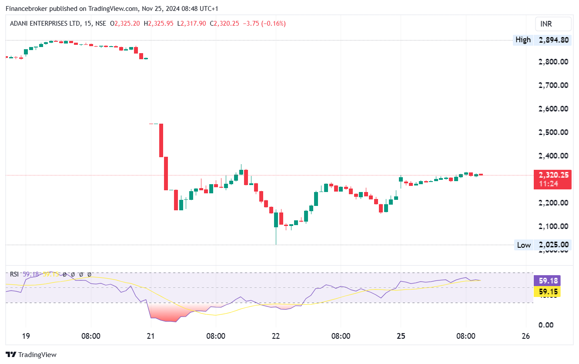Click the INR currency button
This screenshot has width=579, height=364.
click(x=553, y=24)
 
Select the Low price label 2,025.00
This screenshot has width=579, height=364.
click(x=553, y=245)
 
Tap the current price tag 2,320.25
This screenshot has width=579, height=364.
click(x=552, y=175)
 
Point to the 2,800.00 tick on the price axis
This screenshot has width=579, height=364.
click(x=553, y=62)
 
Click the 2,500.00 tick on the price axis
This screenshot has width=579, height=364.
click(x=553, y=132)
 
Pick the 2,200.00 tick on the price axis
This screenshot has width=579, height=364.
click(x=553, y=203)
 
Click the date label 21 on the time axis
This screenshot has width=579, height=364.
click(x=151, y=336)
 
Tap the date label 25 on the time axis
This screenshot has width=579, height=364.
click(x=401, y=336)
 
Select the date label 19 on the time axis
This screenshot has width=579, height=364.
click(x=26, y=336)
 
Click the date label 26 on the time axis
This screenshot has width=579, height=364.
click(x=525, y=336)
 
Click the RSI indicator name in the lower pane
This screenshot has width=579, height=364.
click(x=14, y=274)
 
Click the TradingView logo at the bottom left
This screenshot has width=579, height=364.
click(x=31, y=355)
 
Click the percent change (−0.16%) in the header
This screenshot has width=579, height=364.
click(x=272, y=24)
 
